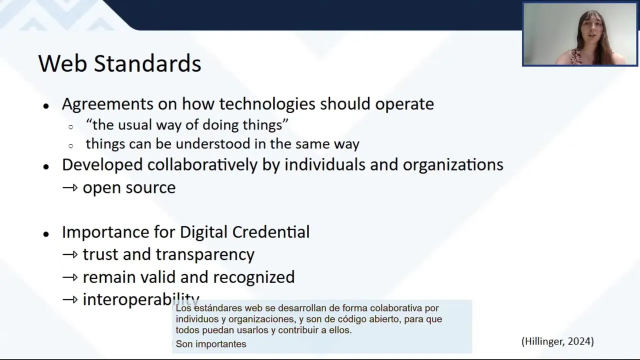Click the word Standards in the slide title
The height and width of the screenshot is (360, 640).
click(x=147, y=63)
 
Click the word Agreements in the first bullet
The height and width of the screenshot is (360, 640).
click(x=107, y=104)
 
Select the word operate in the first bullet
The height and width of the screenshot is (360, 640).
click(x=404, y=104)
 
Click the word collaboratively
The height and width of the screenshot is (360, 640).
click(x=202, y=165)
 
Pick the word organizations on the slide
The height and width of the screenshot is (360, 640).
click(x=453, y=165)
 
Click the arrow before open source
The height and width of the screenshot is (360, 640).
click(x=70, y=187)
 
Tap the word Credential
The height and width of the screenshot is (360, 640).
click(x=271, y=231)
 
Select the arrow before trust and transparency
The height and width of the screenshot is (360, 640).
click(x=70, y=254)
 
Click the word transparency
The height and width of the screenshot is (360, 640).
click(x=205, y=254)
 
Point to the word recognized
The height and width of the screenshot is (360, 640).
click(x=253, y=277)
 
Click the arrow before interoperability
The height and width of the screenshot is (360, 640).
click(x=70, y=299)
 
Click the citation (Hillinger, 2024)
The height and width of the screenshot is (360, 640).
click(x=557, y=341)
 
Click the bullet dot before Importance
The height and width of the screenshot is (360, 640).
click(x=46, y=234)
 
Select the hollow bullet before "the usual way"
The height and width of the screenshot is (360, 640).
click(x=71, y=127)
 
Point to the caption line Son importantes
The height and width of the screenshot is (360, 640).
click(x=211, y=344)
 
